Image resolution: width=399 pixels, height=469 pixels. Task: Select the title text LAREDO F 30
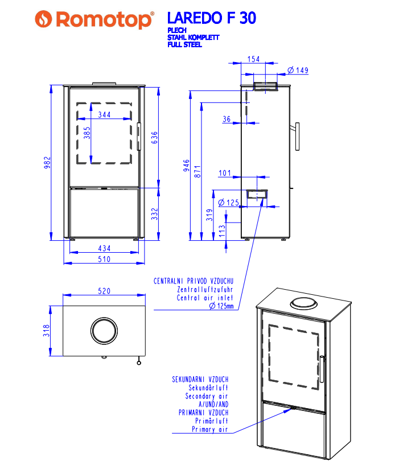pyautogui.click(x=211, y=18)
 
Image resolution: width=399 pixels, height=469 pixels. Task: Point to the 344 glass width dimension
pyautogui.click(x=104, y=114)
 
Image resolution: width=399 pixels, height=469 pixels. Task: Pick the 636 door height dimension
pyautogui.click(x=154, y=138)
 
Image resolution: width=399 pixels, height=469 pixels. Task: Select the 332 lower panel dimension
pyautogui.click(x=154, y=213)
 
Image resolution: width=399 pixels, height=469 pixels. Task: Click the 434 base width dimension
pyautogui.click(x=104, y=248)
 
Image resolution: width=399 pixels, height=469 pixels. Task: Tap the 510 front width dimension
pyautogui.click(x=104, y=259)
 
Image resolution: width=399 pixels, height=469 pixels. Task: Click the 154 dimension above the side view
pyautogui.click(x=254, y=59)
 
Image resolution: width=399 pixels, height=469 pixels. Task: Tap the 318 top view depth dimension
pyautogui.click(x=48, y=330)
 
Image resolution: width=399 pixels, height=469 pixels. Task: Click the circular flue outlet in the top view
pyautogui.click(x=104, y=330)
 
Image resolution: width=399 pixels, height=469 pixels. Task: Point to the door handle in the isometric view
pyautogui.click(x=322, y=369)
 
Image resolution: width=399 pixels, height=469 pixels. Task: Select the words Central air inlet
pyautogui.click(x=205, y=298)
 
